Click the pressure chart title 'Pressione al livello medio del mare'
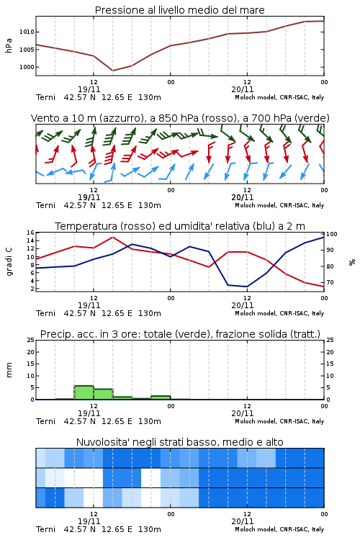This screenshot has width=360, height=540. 180,10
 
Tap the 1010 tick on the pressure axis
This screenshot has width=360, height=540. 27,32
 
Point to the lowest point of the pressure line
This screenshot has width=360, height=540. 112,71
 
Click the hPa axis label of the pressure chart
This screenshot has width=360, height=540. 9,45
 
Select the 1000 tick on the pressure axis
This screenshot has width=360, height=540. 27,67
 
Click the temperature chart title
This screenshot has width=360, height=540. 180,226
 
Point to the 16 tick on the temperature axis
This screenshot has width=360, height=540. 30,233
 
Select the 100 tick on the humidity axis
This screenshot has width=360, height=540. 332,234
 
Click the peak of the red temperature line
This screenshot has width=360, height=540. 112,237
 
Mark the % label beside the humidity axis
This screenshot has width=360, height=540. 352,262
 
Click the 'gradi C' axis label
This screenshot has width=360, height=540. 9,261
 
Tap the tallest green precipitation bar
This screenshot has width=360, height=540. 84,392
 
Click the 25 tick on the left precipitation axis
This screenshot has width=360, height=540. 30,341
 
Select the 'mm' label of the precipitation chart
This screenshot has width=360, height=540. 9,370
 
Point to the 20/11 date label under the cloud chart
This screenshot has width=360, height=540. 243,521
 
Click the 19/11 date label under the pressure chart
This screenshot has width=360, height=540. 89,89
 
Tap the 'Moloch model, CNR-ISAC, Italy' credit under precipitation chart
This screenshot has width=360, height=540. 279,421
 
